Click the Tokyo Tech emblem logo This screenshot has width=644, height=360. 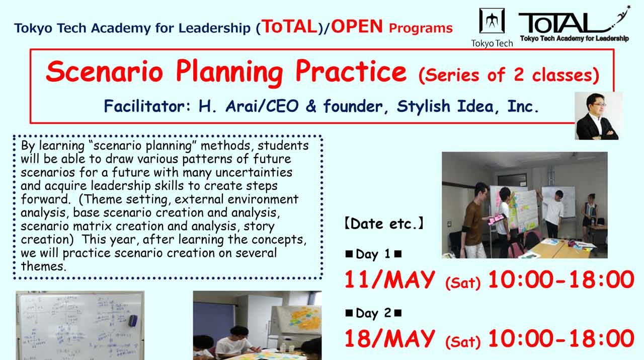point(492,21)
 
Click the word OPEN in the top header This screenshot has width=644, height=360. point(357,26)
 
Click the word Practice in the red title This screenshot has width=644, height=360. point(350,72)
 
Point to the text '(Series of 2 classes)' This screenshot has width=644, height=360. point(509,75)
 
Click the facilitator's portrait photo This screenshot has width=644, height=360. point(598,116)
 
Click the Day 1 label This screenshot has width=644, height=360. point(373,254)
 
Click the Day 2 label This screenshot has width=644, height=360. point(373,313)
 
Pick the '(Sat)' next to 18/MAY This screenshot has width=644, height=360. point(462,342)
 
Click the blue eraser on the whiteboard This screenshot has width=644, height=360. point(133,320)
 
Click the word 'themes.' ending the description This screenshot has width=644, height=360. point(44,266)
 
